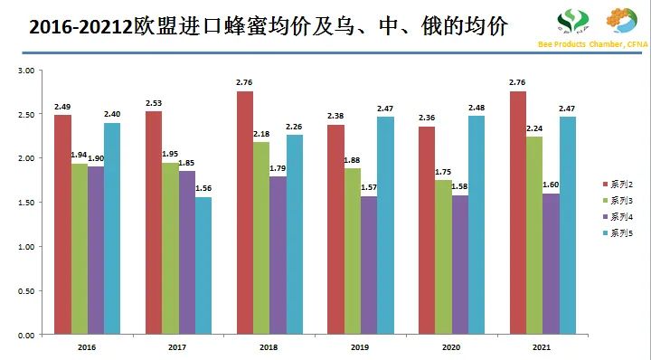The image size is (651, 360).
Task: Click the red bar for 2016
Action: click(x=61, y=225)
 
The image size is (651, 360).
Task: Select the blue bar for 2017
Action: click(x=204, y=266)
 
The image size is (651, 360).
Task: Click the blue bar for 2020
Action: click(x=476, y=225)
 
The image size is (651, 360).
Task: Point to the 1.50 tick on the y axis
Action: click(x=25, y=203)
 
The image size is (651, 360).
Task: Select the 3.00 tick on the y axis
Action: click(x=25, y=71)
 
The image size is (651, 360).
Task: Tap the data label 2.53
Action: click(x=154, y=103)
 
